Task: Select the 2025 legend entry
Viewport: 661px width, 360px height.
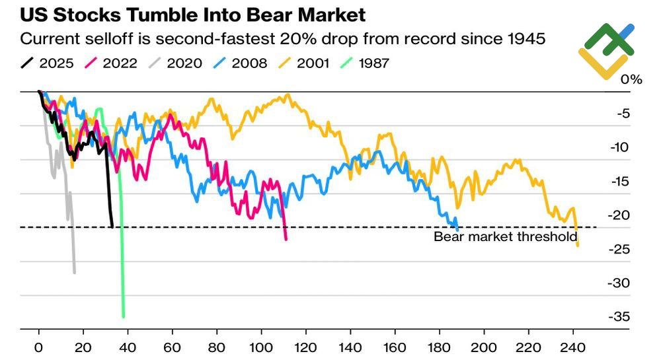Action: [x=49, y=63]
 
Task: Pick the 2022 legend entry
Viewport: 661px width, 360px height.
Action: [x=112, y=63]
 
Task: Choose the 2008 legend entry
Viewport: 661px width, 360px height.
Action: [x=242, y=63]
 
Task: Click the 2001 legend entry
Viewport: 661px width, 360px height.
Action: [x=308, y=63]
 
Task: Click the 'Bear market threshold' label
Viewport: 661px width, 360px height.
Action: [x=505, y=236]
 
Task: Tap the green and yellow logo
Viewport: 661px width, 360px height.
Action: [x=607, y=50]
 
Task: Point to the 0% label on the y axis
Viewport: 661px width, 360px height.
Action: [x=631, y=80]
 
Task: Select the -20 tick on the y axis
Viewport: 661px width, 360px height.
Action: [x=622, y=215]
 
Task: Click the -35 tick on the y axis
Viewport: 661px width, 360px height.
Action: [x=622, y=317]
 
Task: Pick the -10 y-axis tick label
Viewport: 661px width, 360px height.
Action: [x=622, y=147]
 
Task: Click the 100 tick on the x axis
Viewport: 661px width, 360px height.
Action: [x=262, y=347]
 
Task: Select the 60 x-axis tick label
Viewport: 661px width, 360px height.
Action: [x=173, y=347]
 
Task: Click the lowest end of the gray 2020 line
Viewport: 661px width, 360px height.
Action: [x=75, y=272]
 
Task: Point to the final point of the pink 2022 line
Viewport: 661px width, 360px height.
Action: [x=286, y=239]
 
